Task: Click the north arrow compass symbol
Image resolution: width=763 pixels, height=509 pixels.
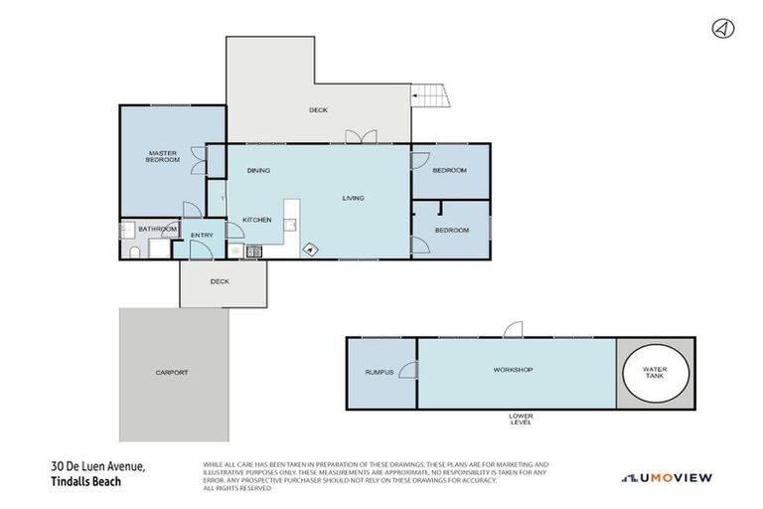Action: [722, 29]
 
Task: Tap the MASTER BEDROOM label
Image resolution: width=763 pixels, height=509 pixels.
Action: [162, 156]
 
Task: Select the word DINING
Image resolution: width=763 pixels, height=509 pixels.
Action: [258, 171]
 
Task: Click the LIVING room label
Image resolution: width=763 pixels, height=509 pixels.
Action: [353, 198]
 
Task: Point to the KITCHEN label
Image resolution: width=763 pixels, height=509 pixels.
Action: [257, 219]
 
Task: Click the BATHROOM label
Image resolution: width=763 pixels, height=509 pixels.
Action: [157, 230]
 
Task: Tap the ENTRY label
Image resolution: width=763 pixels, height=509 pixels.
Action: [202, 235]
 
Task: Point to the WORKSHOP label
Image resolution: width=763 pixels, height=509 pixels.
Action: [513, 370]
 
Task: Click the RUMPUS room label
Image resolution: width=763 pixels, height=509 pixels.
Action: [379, 373]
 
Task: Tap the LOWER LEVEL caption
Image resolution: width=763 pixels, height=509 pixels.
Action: [521, 419]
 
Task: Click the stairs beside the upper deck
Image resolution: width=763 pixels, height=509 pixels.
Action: [429, 96]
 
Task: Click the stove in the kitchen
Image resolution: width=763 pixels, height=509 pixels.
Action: [254, 253]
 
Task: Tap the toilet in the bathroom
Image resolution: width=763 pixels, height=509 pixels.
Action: [134, 253]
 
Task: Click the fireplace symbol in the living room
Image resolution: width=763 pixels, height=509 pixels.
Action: [311, 250]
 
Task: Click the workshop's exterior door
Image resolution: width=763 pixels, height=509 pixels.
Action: [512, 330]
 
